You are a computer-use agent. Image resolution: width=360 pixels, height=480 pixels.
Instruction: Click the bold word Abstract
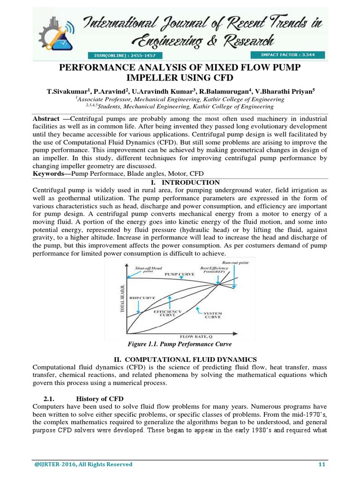[46, 119]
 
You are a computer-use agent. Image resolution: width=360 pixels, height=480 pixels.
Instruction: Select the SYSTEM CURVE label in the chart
[213, 315]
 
